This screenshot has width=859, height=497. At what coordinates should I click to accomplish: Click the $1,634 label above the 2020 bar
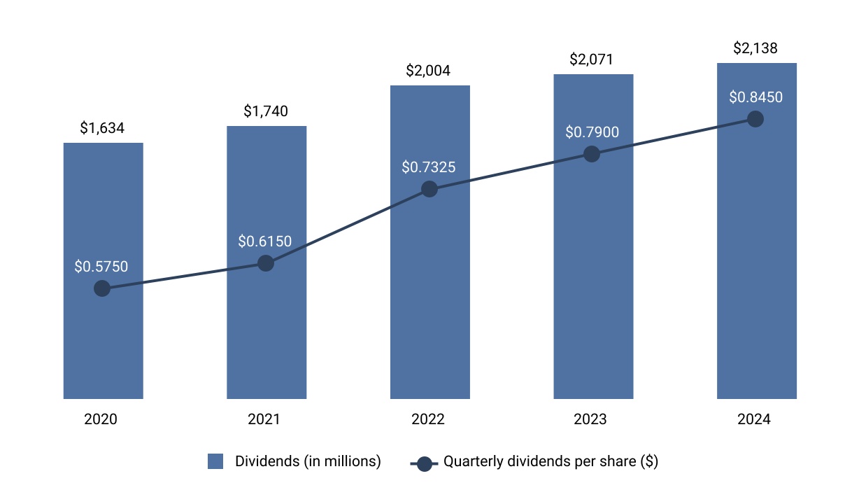tap(103, 128)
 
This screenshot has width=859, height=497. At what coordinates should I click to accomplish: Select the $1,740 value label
tap(266, 111)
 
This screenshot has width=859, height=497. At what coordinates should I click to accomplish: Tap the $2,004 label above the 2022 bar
tap(429, 71)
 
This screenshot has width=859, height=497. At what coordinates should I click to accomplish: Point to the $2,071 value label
tap(592, 59)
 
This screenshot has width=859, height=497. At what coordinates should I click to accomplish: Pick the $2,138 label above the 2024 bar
tap(755, 48)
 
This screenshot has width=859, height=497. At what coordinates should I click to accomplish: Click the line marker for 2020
tap(102, 288)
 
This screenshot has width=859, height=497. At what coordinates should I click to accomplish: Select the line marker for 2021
tap(266, 263)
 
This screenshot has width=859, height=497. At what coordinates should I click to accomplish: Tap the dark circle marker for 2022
tap(429, 189)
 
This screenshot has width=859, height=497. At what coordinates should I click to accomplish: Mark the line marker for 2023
tap(592, 154)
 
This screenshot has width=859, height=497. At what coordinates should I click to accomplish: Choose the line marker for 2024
tap(755, 119)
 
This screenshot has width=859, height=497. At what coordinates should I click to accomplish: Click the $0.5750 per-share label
tap(101, 267)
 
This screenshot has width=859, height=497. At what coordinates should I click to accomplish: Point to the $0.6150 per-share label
tap(265, 241)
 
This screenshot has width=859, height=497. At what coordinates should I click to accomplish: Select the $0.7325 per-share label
tap(429, 167)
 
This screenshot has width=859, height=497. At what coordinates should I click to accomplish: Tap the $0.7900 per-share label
tap(592, 132)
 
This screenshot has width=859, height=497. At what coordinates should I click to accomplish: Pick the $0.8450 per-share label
tap(755, 97)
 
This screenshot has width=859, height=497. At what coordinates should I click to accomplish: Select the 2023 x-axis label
tap(590, 420)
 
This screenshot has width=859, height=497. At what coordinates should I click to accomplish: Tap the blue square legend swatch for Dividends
tap(215, 462)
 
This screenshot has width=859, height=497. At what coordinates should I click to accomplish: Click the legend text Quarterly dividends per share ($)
tap(551, 462)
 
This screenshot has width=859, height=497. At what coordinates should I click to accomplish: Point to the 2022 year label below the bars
tap(427, 420)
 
